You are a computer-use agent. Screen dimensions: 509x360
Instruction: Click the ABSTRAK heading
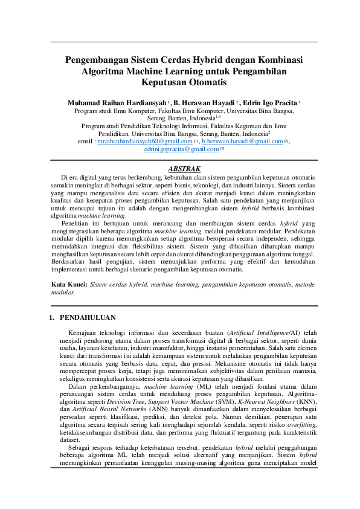point(184,168)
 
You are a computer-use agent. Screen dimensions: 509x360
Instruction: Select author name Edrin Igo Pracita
point(264,103)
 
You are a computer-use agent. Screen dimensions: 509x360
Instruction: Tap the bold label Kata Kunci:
point(69,284)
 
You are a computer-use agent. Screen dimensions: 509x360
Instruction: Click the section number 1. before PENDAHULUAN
point(53,317)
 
